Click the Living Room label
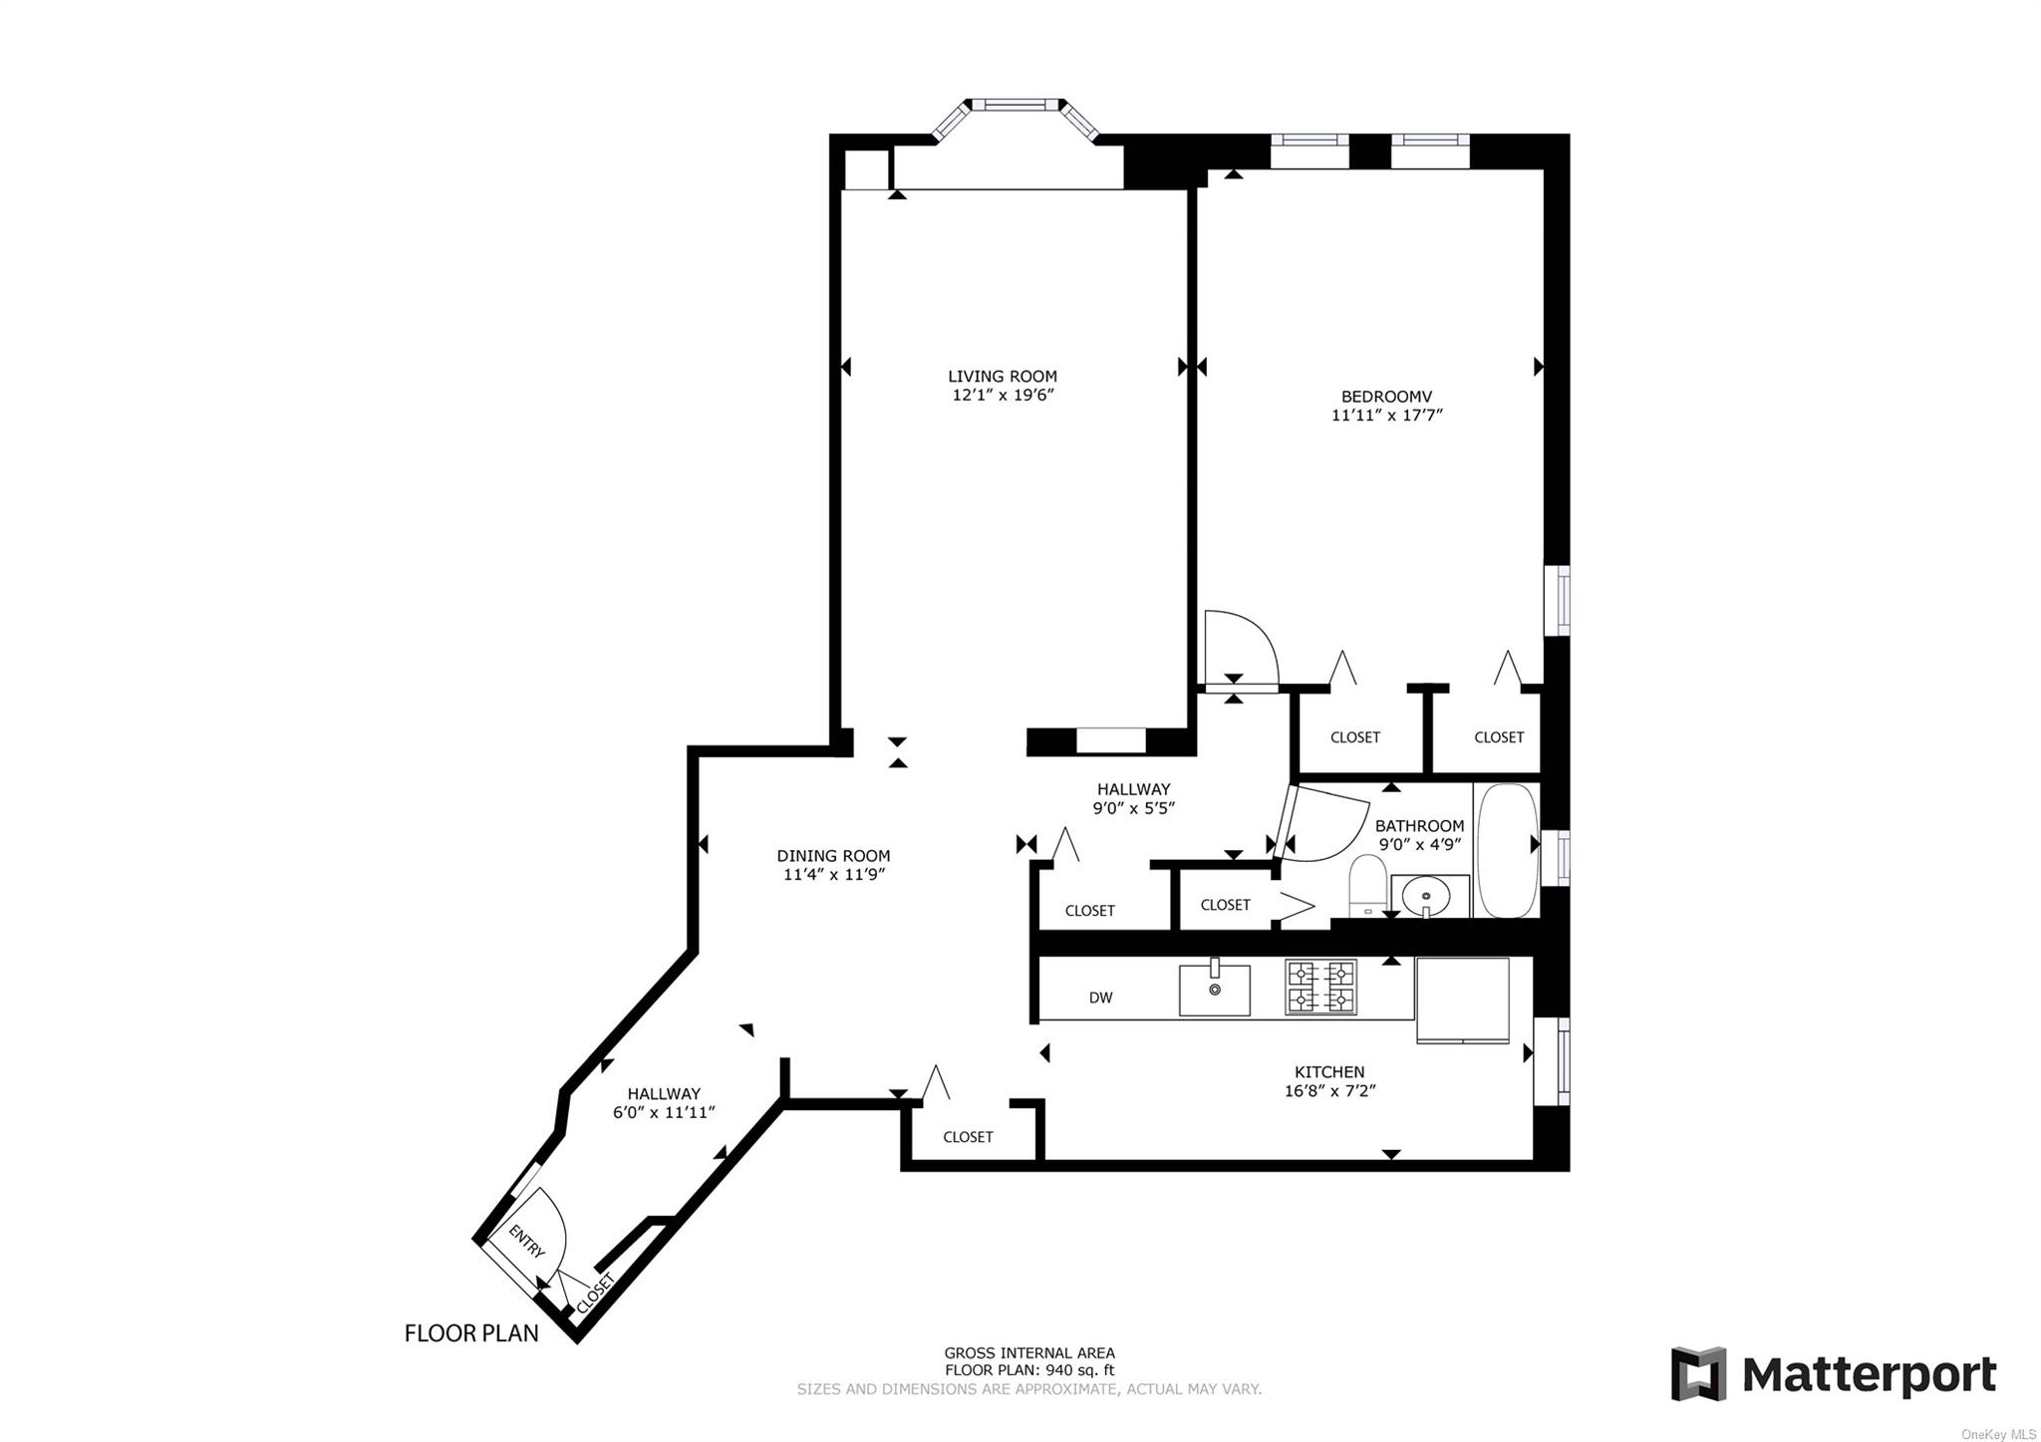point(1002,376)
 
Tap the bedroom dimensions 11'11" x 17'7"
point(1386,415)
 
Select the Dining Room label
point(833,855)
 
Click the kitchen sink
point(1214,989)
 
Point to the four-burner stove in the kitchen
point(1320,986)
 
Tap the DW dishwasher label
point(1100,998)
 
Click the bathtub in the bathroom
point(1508,850)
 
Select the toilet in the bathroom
point(1367,886)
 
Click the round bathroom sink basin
point(1428,895)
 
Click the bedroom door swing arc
point(1241,647)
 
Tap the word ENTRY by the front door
point(526,1241)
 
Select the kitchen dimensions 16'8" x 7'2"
point(1329,1091)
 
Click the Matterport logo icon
point(1698,1374)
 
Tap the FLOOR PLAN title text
point(471,1332)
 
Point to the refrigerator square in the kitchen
point(1462,1000)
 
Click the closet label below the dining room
point(968,1136)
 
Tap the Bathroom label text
point(1419,825)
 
